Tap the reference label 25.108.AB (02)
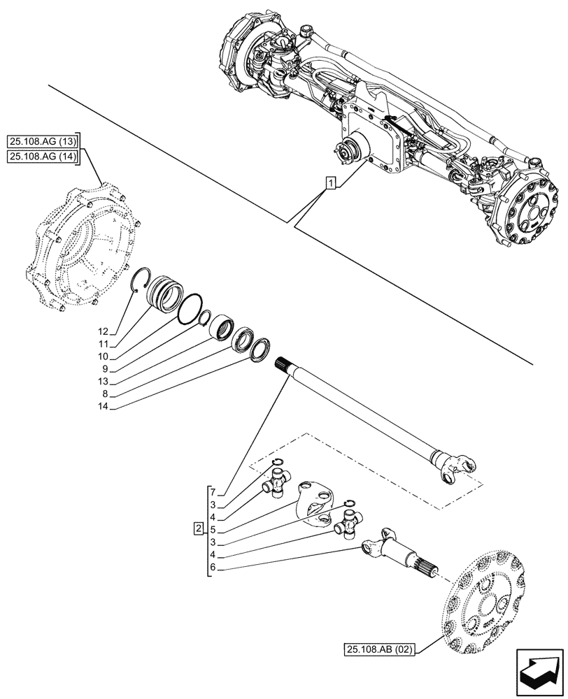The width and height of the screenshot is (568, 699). coord(380,649)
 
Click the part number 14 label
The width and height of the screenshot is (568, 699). coord(104,405)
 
